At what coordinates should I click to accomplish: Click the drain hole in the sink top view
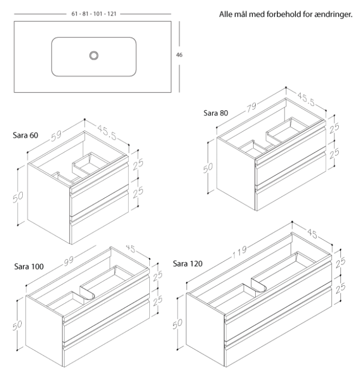[x=94, y=55]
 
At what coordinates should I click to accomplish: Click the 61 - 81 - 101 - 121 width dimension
[x=93, y=12]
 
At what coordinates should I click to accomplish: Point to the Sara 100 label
[x=28, y=266]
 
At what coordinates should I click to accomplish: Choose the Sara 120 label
[x=187, y=264]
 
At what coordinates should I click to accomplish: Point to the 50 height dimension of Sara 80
[x=207, y=167]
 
